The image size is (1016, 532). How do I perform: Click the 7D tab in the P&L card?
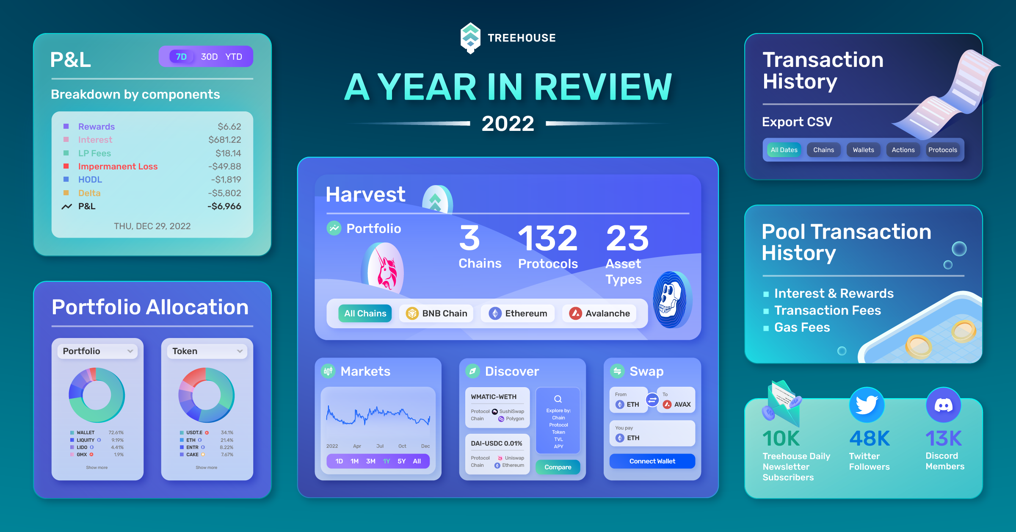pyautogui.click(x=181, y=57)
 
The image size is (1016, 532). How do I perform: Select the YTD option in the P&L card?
pyautogui.click(x=234, y=57)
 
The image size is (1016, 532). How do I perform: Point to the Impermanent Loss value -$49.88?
pyautogui.click(x=224, y=166)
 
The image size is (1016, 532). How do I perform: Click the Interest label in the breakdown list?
pyautogui.click(x=95, y=140)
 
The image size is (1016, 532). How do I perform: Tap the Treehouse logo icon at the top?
pyautogui.click(x=470, y=38)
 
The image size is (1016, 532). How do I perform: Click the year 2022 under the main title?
pyautogui.click(x=508, y=124)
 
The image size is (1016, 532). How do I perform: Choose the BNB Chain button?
pyautogui.click(x=436, y=313)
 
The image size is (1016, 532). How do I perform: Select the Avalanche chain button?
pyautogui.click(x=599, y=313)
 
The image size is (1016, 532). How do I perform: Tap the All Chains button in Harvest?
pyautogui.click(x=365, y=313)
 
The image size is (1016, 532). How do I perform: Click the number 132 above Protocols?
pyautogui.click(x=548, y=238)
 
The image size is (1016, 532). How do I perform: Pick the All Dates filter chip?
pyautogui.click(x=784, y=150)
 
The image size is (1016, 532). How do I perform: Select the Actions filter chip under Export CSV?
pyautogui.click(x=903, y=150)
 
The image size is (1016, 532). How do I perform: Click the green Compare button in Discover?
pyautogui.click(x=558, y=467)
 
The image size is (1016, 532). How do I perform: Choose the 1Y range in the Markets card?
pyautogui.click(x=387, y=461)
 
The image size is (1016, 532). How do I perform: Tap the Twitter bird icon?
pyautogui.click(x=867, y=405)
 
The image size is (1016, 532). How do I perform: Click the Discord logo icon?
pyautogui.click(x=944, y=405)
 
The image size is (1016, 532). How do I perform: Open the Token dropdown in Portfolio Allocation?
pyautogui.click(x=207, y=351)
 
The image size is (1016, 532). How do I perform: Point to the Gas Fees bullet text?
pyautogui.click(x=802, y=327)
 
